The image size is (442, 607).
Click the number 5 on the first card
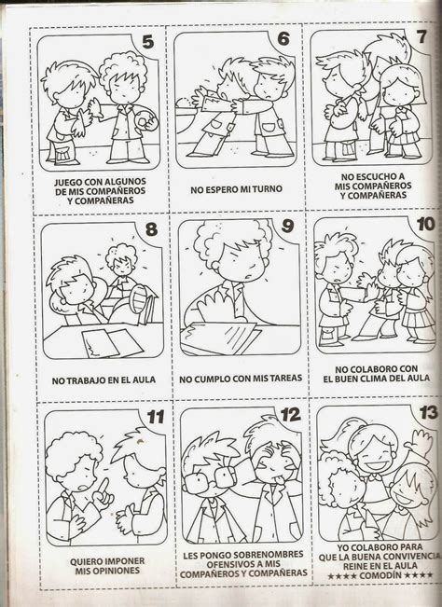[148, 42]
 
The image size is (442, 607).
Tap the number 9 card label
[287, 226]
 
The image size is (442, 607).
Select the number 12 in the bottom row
[291, 415]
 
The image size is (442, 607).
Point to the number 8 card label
[151, 229]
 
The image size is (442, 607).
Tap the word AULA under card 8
[144, 380]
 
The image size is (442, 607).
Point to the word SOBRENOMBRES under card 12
[263, 555]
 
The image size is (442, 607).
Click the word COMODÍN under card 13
[380, 575]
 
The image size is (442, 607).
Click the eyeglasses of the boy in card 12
[210, 479]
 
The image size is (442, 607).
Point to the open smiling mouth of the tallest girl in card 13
[370, 463]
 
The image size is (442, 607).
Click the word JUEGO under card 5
[66, 182]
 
